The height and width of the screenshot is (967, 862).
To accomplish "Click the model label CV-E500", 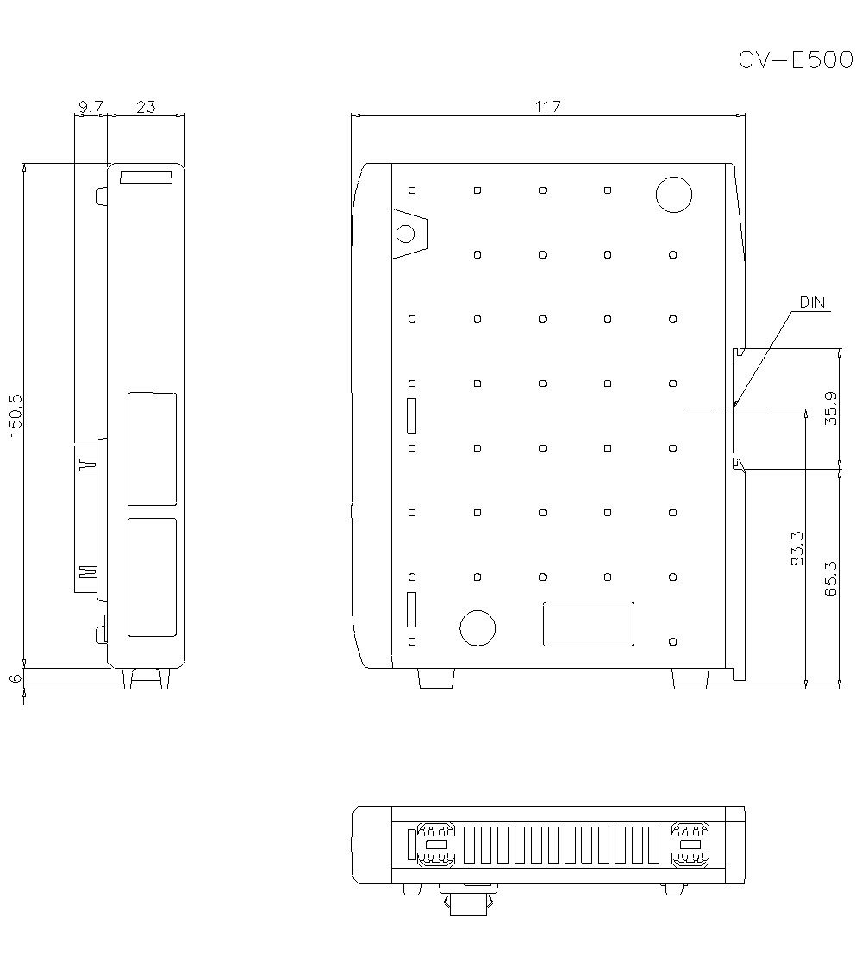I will (795, 59).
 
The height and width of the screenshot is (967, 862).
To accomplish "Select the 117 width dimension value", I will (547, 107).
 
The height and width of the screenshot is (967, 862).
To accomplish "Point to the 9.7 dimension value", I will (90, 107).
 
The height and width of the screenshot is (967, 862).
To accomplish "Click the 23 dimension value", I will (146, 107).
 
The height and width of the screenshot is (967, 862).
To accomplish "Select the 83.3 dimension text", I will (796, 548).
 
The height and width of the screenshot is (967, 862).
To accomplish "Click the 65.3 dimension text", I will (830, 578).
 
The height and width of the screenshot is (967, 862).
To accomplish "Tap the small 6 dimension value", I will (16, 678).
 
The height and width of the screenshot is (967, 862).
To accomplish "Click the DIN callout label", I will (812, 303).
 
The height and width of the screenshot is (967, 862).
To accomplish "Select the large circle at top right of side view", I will (673, 195).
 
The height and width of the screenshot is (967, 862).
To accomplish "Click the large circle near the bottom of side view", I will (477, 627).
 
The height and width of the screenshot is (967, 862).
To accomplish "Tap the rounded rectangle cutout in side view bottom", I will (589, 624).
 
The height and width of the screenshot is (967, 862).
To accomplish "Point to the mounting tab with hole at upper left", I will (408, 234).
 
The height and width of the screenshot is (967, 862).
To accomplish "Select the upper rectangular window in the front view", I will (152, 448).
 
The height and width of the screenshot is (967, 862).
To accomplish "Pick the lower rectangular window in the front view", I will (152, 577).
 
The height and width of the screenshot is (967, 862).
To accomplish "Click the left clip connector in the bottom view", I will (436, 844).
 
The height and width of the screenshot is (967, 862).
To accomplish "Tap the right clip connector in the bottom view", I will (690, 844).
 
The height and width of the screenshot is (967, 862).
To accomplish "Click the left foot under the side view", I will (434, 678).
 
